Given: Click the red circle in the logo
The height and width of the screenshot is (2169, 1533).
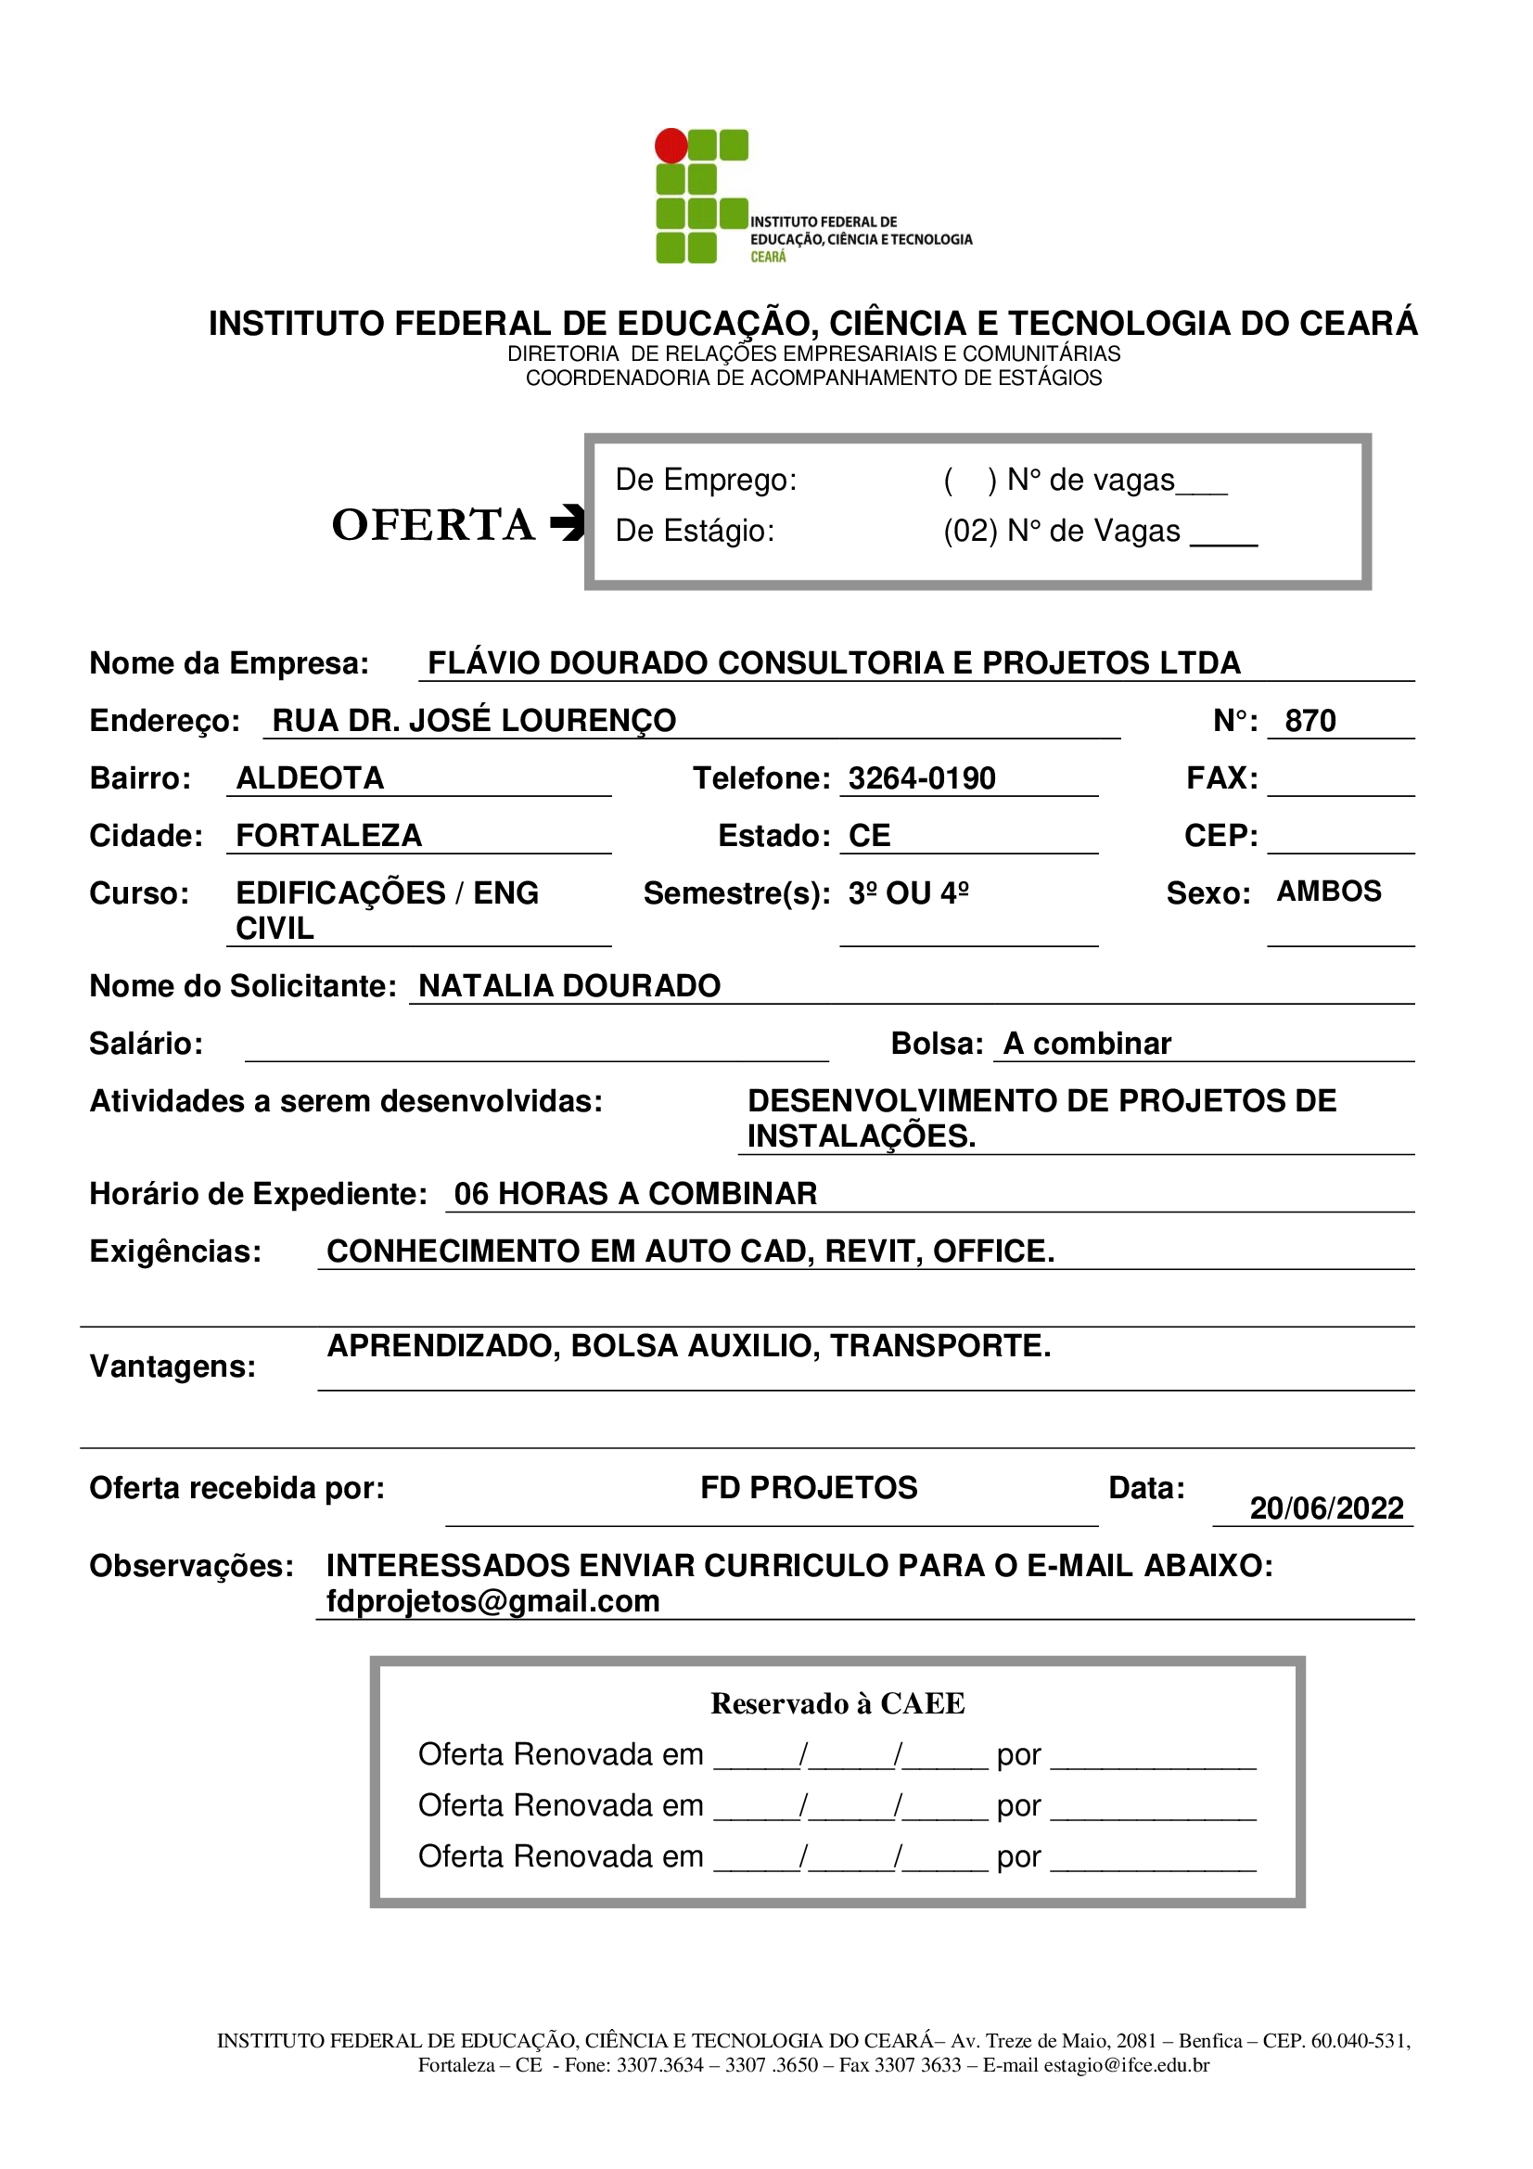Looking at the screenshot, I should click(x=671, y=146).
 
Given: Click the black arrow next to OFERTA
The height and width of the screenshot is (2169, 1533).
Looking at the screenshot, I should click(x=568, y=522).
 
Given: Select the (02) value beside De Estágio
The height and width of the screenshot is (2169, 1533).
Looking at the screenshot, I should click(x=970, y=531).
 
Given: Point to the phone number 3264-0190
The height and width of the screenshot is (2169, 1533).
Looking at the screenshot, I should click(x=921, y=778).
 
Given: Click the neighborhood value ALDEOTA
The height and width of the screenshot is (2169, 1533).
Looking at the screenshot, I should click(x=310, y=778).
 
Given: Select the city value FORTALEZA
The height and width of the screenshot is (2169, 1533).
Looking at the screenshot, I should click(x=328, y=836).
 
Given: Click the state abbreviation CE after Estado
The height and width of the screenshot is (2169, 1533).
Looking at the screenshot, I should click(x=869, y=836).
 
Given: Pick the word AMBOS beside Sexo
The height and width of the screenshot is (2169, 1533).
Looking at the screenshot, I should click(x=1329, y=892).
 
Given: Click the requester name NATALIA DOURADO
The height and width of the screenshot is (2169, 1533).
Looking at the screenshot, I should click(x=569, y=986).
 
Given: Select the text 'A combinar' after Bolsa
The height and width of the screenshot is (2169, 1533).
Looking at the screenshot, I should click(x=1087, y=1044).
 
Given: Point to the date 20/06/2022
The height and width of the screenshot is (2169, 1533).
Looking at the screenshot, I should click(x=1326, y=1508).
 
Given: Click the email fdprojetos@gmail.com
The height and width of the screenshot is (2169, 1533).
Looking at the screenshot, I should click(x=493, y=1602).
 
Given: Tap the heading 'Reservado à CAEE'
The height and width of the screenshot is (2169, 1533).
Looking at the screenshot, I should click(x=837, y=1703).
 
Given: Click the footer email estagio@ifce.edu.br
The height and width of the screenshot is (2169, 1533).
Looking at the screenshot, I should click(x=1126, y=2065).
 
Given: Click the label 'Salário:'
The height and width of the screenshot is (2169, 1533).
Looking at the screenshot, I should click(x=147, y=1044).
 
